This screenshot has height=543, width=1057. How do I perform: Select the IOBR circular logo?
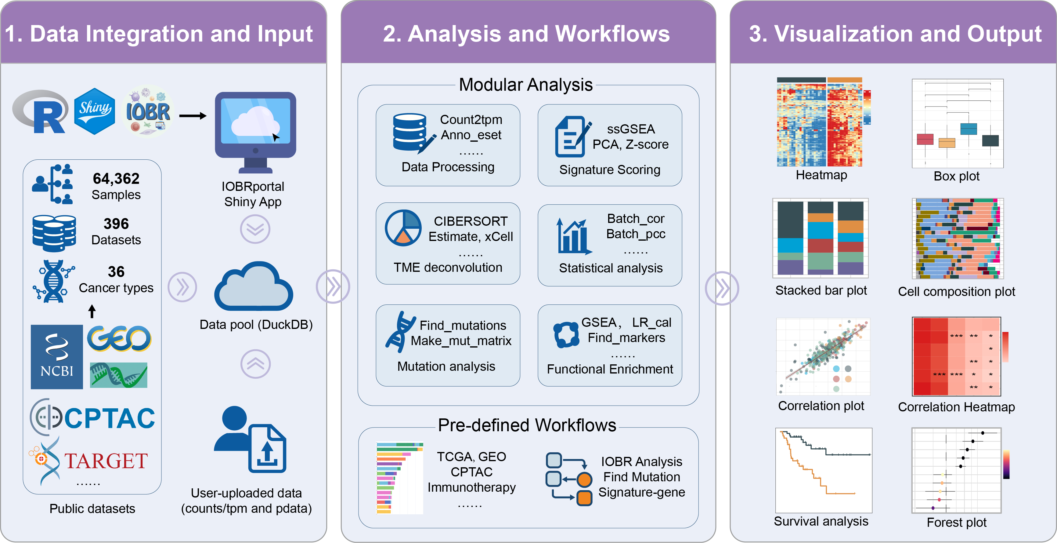pos(148,111)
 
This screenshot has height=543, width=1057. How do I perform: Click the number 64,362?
pos(116,179)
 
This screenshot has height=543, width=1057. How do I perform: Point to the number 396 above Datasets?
pos(116,224)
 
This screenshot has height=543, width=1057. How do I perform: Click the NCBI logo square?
pos(57,356)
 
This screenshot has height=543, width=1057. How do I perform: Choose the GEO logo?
pos(119,339)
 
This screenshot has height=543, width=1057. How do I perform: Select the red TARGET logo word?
pos(106,461)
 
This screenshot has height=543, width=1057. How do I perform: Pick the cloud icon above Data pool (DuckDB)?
pos(254,287)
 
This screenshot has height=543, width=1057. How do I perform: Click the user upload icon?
pos(250,439)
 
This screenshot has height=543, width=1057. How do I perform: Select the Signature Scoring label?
pos(610,169)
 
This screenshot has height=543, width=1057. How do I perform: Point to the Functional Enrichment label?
pos(610,369)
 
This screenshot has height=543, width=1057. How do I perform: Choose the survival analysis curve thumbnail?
pos(823,470)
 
